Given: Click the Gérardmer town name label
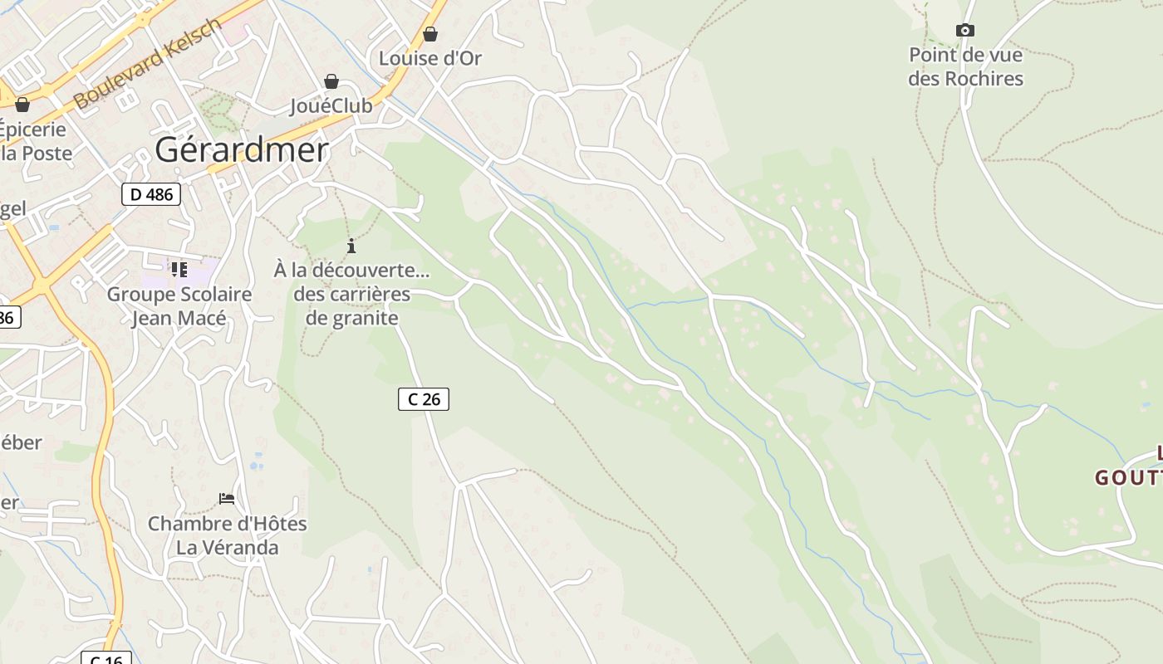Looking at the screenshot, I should [242, 150].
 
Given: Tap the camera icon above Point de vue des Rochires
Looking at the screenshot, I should [964, 31].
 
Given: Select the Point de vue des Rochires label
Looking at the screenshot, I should [965, 67].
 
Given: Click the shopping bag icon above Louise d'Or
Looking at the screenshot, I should [430, 34].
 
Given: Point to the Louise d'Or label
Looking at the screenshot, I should [430, 58].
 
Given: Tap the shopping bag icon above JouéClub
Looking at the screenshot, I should [331, 81].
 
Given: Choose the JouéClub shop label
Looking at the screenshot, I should [331, 106].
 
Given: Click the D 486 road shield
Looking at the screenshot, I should [150, 194].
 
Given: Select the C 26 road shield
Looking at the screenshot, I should [424, 399].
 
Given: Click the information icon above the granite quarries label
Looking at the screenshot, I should [351, 246].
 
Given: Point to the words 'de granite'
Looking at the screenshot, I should [352, 318].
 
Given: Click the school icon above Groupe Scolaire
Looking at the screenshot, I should [179, 270].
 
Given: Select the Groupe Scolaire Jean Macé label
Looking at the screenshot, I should [179, 306].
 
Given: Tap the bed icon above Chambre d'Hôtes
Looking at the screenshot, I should [227, 499].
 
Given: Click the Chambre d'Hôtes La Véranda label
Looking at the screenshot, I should [227, 535].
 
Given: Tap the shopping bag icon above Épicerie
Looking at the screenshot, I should [22, 105].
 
